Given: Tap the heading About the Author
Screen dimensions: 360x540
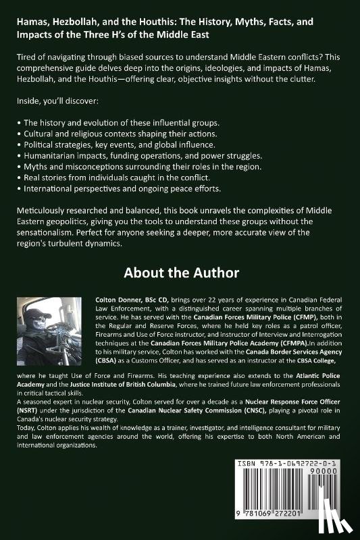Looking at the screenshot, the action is pos(180,273).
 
